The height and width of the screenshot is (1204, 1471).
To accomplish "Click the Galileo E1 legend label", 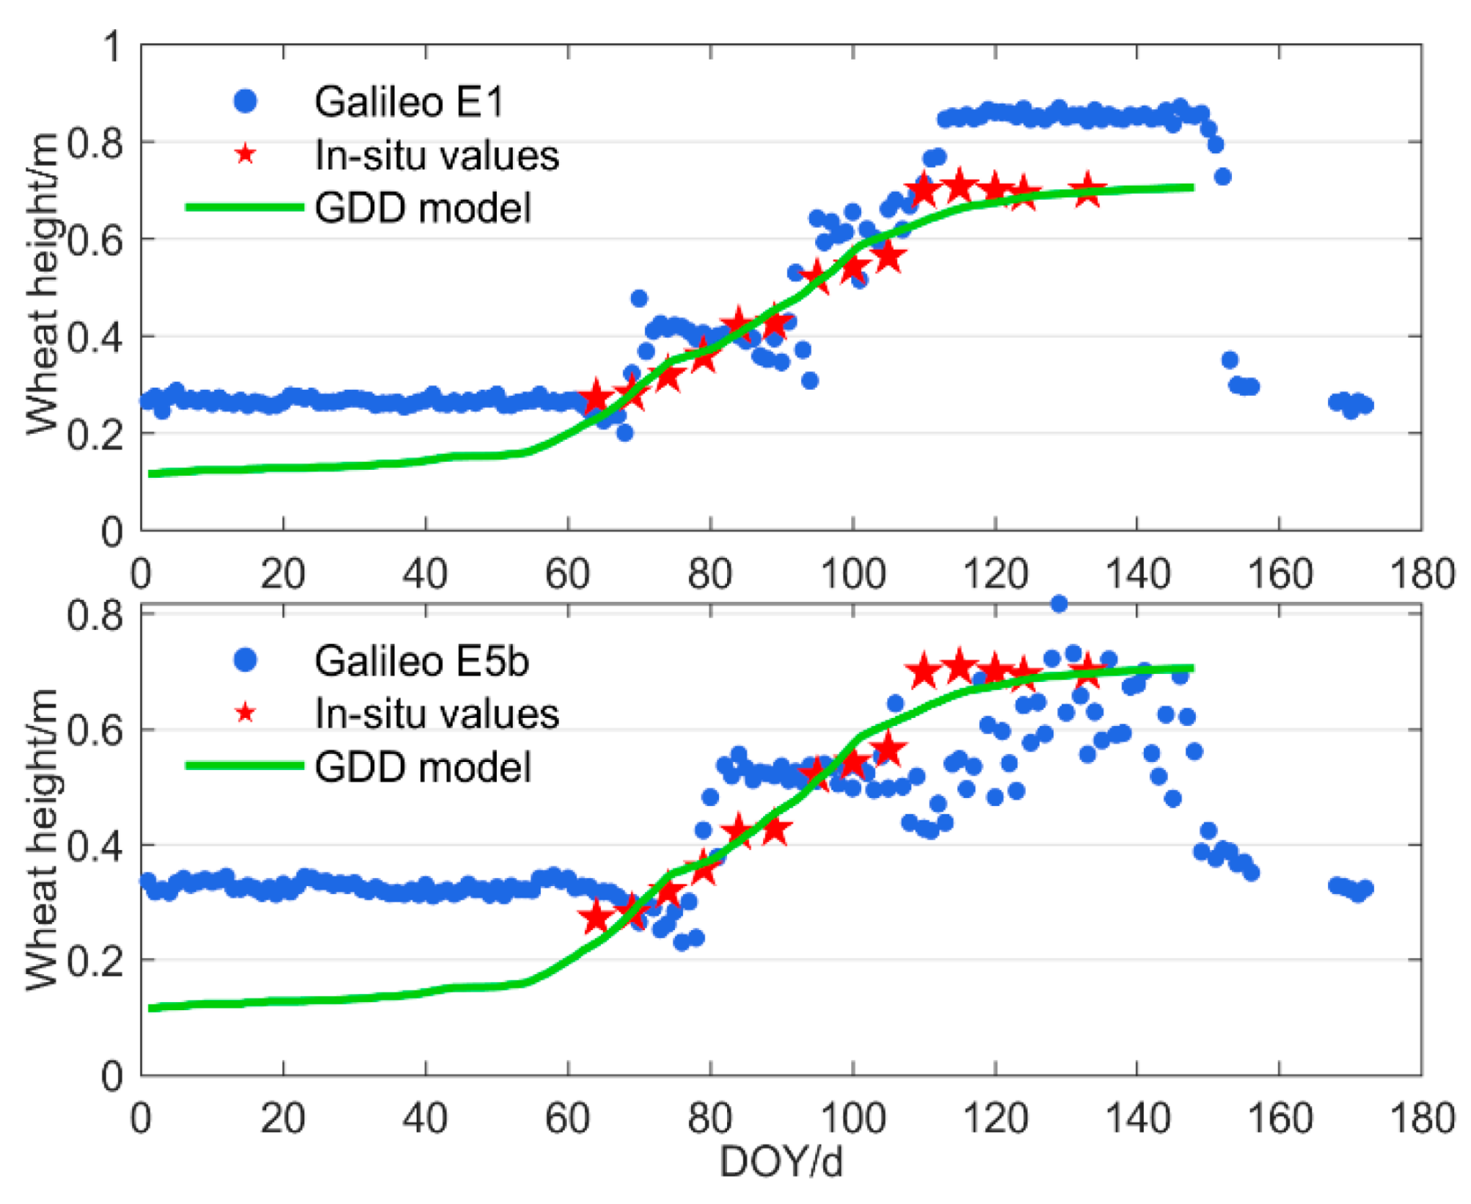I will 409,102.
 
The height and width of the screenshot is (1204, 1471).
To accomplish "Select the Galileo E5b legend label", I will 421,661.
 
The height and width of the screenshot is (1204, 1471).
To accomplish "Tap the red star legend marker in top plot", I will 245,154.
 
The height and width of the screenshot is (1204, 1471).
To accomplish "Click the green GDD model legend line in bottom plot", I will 245,765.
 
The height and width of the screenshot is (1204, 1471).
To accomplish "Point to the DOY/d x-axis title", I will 781,1161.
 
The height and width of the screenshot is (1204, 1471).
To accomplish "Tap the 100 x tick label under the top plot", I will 852,574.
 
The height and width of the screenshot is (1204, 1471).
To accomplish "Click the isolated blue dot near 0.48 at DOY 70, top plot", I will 638,298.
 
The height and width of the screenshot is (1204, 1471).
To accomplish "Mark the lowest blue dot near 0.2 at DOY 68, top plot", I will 625,433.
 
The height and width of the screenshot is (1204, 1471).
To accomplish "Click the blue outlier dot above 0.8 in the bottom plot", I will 1058,604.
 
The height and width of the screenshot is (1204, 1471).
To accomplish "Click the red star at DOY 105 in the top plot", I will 888,258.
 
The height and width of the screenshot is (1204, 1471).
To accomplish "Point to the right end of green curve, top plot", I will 1192,187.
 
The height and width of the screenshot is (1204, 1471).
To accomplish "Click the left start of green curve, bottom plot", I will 151,1007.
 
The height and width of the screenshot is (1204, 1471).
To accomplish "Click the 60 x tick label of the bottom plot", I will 568,1118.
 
